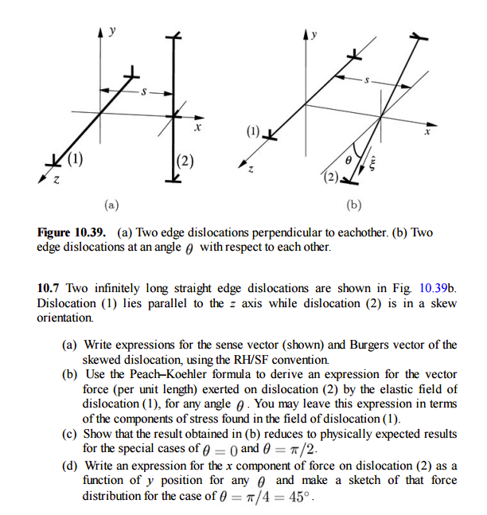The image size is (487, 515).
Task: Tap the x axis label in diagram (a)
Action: click(199, 127)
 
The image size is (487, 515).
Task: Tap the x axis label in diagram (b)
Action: click(427, 132)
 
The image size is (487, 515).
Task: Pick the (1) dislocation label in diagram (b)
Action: click(253, 130)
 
